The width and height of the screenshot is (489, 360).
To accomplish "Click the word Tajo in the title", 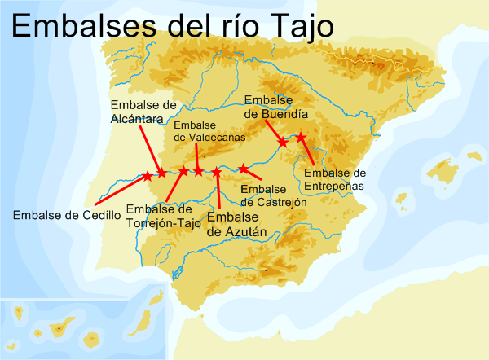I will click(293, 26).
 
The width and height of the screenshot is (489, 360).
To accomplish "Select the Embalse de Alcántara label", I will click(143, 112).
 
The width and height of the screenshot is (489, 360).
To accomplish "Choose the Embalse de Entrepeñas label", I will click(334, 179).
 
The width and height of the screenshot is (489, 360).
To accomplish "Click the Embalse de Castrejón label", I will click(274, 195).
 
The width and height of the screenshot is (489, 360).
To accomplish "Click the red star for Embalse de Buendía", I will click(282, 143).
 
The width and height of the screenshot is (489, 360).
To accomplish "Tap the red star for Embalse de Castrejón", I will click(243, 169).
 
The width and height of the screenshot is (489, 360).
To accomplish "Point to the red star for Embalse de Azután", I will click(217, 171).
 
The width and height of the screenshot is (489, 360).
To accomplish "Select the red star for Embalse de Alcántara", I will click(161, 173).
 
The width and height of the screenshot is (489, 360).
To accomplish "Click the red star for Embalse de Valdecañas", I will click(198, 171).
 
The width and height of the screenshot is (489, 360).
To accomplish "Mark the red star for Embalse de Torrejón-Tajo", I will click(183, 170).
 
